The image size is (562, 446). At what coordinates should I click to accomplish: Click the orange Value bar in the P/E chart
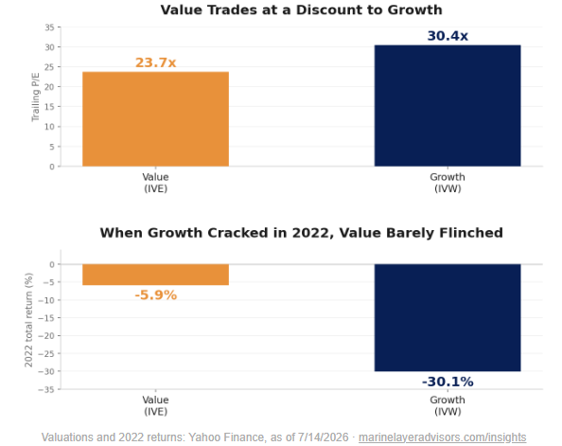[x=155, y=119]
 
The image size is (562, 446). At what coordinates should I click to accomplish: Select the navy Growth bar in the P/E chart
[x=448, y=105]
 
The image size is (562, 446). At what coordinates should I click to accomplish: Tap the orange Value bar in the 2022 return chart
[x=155, y=275]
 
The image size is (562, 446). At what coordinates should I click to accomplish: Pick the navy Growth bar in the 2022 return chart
[x=448, y=317]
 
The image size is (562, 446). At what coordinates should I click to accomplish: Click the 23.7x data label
[x=155, y=62]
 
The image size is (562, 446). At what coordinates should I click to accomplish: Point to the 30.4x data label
[x=448, y=36]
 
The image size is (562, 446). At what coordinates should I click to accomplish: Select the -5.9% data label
[x=155, y=295]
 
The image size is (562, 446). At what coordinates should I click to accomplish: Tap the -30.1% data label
[x=448, y=382]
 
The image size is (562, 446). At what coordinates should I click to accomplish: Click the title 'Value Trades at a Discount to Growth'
[x=301, y=9]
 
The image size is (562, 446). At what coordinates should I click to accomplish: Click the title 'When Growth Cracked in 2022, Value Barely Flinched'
[x=301, y=233]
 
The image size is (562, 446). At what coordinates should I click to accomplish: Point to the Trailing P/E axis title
[x=35, y=97]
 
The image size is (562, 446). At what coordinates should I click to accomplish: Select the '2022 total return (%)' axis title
[x=28, y=320]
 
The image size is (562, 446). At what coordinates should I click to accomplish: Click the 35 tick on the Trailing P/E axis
[x=49, y=27]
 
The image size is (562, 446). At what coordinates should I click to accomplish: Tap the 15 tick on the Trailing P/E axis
[x=49, y=107]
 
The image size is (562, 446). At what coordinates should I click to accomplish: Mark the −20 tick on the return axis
[x=46, y=336]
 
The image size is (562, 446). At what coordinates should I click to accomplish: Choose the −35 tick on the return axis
[x=46, y=389]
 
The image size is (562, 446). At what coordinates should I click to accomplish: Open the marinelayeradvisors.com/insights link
[x=442, y=437]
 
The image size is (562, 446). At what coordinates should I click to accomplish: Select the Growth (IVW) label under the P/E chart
[x=448, y=183]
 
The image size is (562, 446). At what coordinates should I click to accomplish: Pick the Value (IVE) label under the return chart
[x=155, y=405]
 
